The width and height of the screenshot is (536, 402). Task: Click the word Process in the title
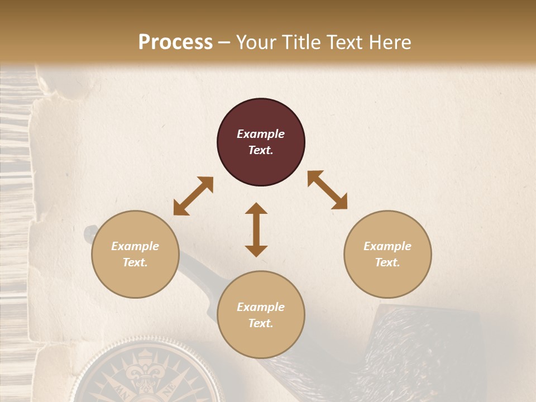[175, 42]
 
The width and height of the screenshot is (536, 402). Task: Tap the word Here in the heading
[389, 42]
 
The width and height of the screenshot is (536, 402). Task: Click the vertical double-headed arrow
[256, 229]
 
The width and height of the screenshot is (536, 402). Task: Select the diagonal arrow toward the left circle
[193, 196]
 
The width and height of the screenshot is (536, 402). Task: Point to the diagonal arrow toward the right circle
[328, 190]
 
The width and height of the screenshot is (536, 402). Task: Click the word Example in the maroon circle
[261, 134]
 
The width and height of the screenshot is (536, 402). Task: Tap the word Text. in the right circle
[387, 262]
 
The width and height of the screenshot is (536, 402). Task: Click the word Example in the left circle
[135, 246]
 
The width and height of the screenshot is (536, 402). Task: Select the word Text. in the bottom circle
[261, 323]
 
